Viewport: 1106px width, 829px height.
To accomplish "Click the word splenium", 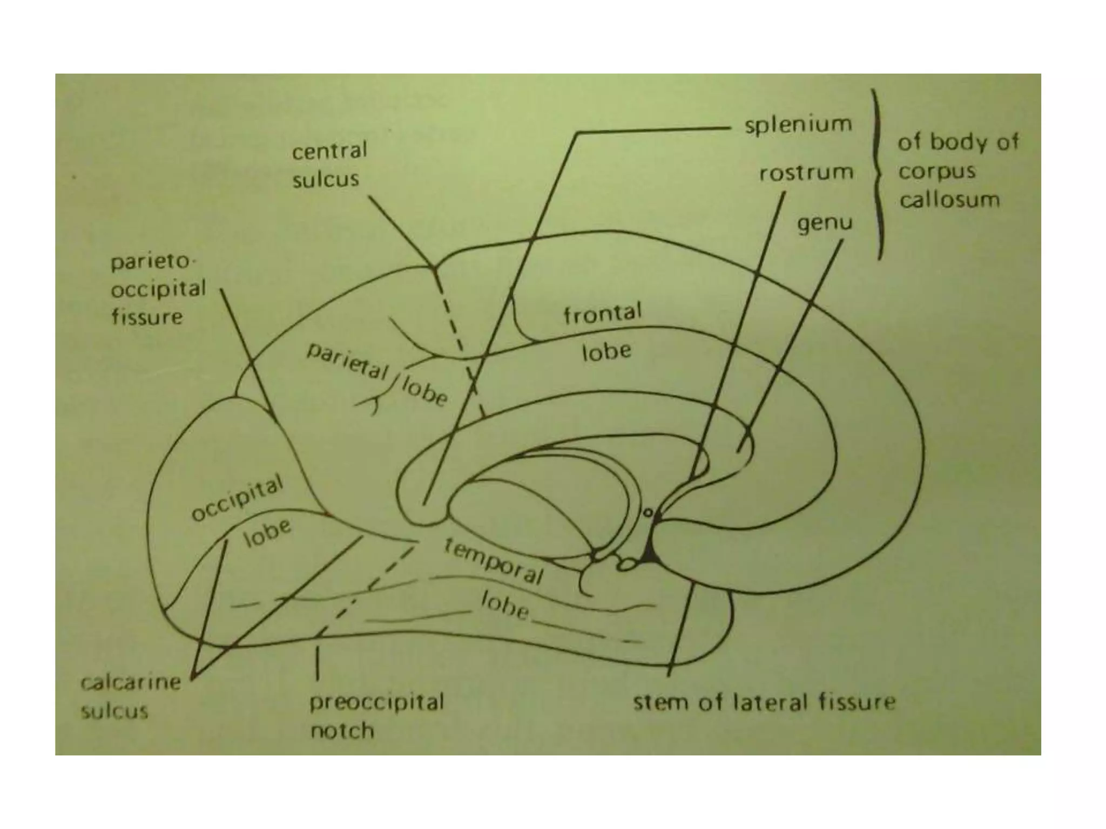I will tap(798, 125).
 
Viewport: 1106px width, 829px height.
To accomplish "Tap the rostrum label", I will tap(806, 173).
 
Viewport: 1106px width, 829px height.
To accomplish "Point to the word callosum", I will tap(949, 201).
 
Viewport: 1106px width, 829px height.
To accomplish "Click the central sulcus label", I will tap(328, 165).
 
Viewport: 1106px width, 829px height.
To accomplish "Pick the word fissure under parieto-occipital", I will tap(147, 317).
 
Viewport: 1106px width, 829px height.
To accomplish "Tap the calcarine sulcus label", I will tap(130, 697).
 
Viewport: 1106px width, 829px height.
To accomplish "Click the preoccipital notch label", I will tap(376, 716).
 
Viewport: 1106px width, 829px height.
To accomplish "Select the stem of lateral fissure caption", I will tap(764, 703).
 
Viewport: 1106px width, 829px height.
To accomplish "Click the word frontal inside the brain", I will tap(602, 314).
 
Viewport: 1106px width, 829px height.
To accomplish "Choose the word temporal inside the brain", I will tap(493, 561).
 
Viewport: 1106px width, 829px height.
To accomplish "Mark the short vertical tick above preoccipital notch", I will tap(317, 663).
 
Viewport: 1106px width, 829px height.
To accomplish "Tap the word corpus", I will tap(936, 172).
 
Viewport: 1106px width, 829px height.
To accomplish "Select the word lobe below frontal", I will tap(606, 352).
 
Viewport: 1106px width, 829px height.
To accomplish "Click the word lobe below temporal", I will tap(504, 605).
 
